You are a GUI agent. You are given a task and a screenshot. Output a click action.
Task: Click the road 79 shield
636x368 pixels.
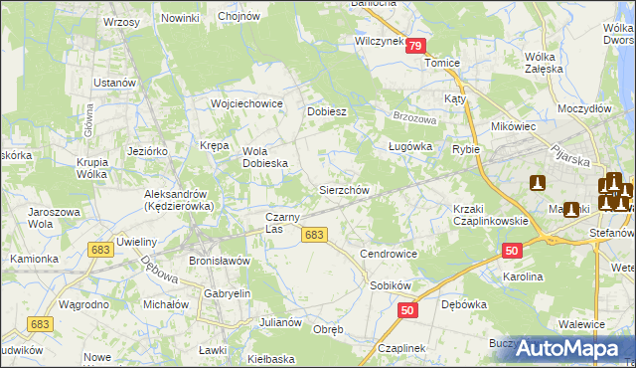417,46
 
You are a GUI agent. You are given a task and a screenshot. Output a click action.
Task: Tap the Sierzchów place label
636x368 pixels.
344,189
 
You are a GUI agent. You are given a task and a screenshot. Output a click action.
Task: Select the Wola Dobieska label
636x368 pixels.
265,157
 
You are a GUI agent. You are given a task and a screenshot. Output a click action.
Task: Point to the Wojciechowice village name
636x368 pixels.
247,103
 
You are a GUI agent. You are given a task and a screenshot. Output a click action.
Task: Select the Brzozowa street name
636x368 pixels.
415,116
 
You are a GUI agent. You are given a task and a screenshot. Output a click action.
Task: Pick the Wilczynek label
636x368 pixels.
379,42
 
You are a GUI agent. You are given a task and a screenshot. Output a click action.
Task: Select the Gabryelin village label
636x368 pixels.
228,294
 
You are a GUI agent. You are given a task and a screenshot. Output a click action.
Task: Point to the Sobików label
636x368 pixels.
390,284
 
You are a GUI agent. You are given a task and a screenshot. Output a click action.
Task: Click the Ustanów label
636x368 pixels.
114,82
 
